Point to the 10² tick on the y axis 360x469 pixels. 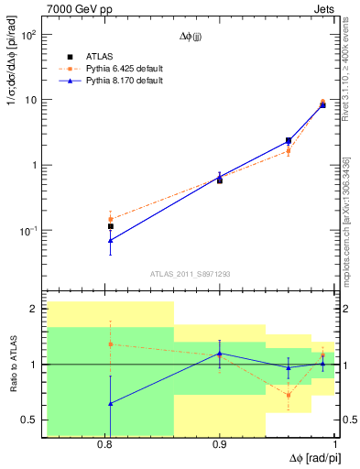point(28,36)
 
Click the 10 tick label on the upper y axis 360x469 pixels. point(30,101)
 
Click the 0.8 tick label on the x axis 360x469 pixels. point(105,445)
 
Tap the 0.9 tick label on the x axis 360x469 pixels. point(220,445)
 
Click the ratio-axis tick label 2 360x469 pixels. point(33,310)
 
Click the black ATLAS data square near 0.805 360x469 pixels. point(111,226)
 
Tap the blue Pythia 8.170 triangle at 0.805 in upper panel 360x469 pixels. point(111,240)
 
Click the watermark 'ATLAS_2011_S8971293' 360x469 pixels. point(191,273)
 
